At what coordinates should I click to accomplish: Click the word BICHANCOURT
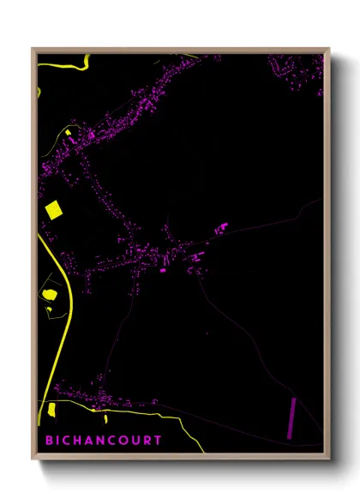[105, 441]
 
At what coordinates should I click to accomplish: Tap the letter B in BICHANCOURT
[51, 441]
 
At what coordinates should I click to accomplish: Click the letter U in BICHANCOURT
[134, 441]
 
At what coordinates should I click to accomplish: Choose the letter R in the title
[146, 441]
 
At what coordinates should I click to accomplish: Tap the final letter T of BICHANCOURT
[157, 441]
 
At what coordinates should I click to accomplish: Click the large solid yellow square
[54, 209]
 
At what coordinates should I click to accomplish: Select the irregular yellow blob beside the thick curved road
[50, 295]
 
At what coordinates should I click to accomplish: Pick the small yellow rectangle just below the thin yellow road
[105, 419]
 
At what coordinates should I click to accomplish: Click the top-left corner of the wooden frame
[33, 48]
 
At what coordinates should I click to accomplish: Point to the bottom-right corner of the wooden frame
[329, 459]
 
